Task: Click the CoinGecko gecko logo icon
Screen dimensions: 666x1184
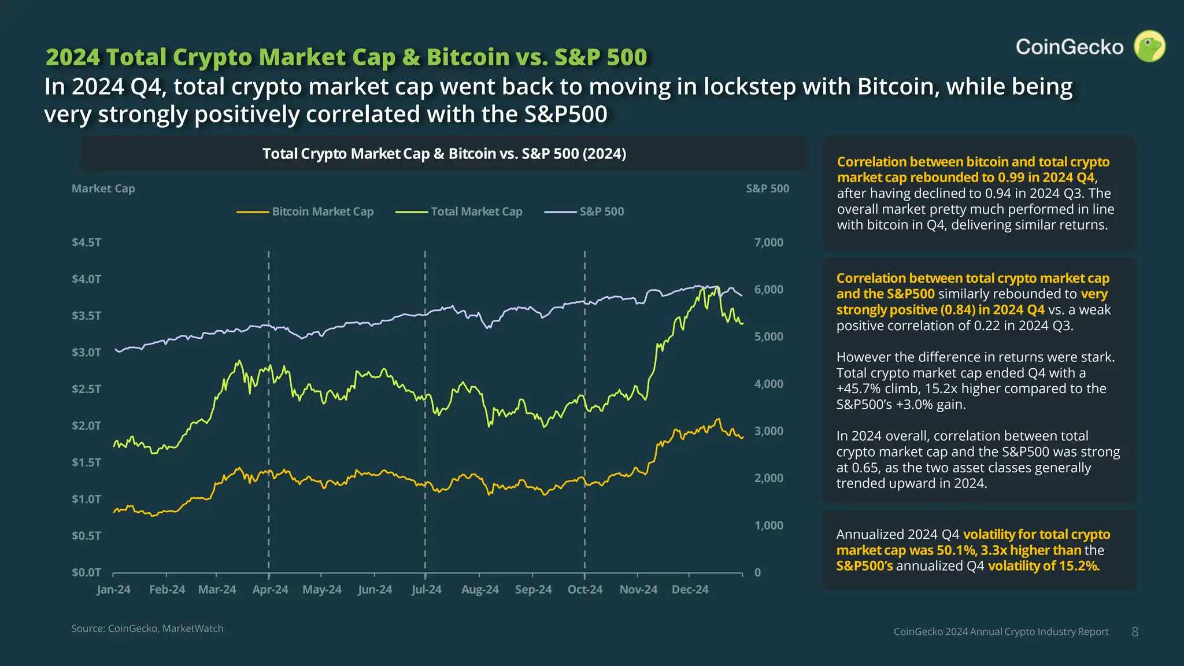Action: coord(1149,46)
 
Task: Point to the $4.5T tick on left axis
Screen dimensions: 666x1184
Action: coord(86,242)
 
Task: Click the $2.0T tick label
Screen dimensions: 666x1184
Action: coord(86,425)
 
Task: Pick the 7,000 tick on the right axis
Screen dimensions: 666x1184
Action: coord(768,242)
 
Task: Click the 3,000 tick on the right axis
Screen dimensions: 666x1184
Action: coord(768,431)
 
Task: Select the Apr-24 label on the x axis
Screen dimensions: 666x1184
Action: coord(270,590)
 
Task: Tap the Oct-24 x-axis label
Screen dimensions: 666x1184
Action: coord(584,590)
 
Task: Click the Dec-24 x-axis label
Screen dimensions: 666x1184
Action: coord(690,590)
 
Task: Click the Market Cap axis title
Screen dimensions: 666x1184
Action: coord(103,188)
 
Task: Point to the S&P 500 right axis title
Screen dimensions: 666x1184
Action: coord(767,188)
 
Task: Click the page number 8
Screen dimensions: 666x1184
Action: coord(1135,632)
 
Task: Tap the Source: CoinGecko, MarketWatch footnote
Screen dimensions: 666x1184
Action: coord(147,628)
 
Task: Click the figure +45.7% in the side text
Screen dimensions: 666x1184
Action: coord(858,388)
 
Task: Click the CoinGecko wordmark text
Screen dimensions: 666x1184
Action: coord(1070,47)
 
